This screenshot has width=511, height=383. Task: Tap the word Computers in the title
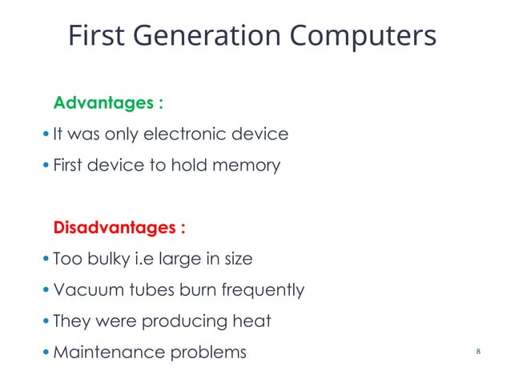coord(363,36)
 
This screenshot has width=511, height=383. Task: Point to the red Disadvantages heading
coord(119,228)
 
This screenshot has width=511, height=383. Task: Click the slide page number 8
coord(478,353)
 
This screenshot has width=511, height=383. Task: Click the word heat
coord(252,321)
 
